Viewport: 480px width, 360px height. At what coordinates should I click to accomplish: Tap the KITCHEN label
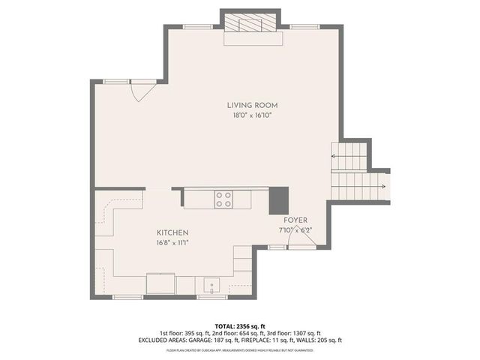click(172, 233)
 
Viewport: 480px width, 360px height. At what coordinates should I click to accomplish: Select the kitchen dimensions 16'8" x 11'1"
click(172, 243)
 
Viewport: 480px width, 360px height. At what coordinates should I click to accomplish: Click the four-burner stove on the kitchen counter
click(223, 199)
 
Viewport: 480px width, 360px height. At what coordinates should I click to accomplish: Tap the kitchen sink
click(211, 285)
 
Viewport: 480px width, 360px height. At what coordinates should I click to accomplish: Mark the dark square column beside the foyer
click(279, 199)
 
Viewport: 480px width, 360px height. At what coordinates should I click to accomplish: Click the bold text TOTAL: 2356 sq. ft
click(239, 325)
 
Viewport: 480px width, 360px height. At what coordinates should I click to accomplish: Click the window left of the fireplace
click(196, 27)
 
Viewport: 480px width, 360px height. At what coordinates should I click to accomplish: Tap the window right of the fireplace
click(303, 27)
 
